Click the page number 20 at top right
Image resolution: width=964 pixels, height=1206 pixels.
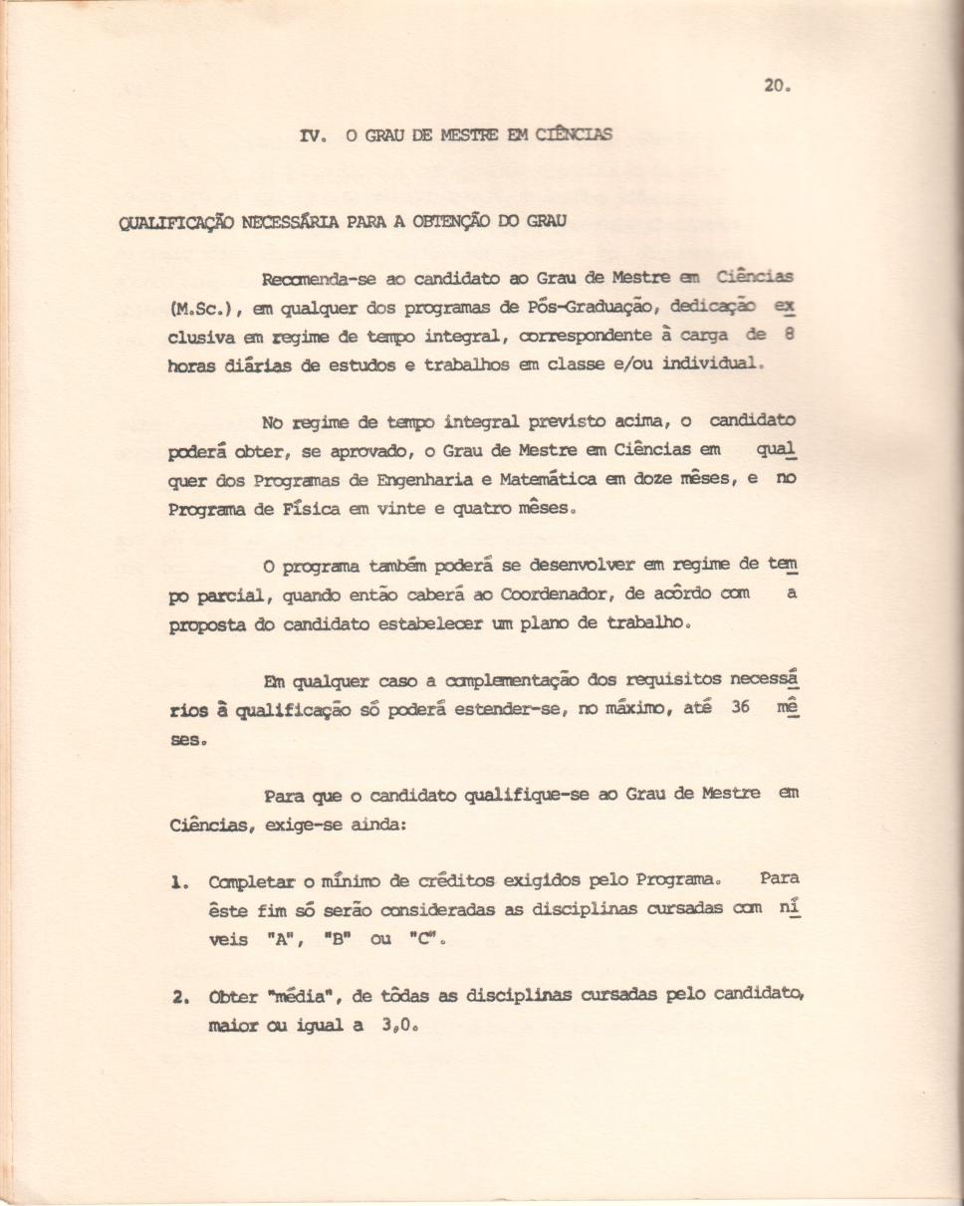[775, 86]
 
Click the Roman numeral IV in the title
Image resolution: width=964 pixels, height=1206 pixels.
[310, 135]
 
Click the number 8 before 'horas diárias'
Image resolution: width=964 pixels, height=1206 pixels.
[787, 335]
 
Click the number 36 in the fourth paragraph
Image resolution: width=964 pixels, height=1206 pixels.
[733, 710]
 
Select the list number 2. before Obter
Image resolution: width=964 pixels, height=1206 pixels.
[178, 998]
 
